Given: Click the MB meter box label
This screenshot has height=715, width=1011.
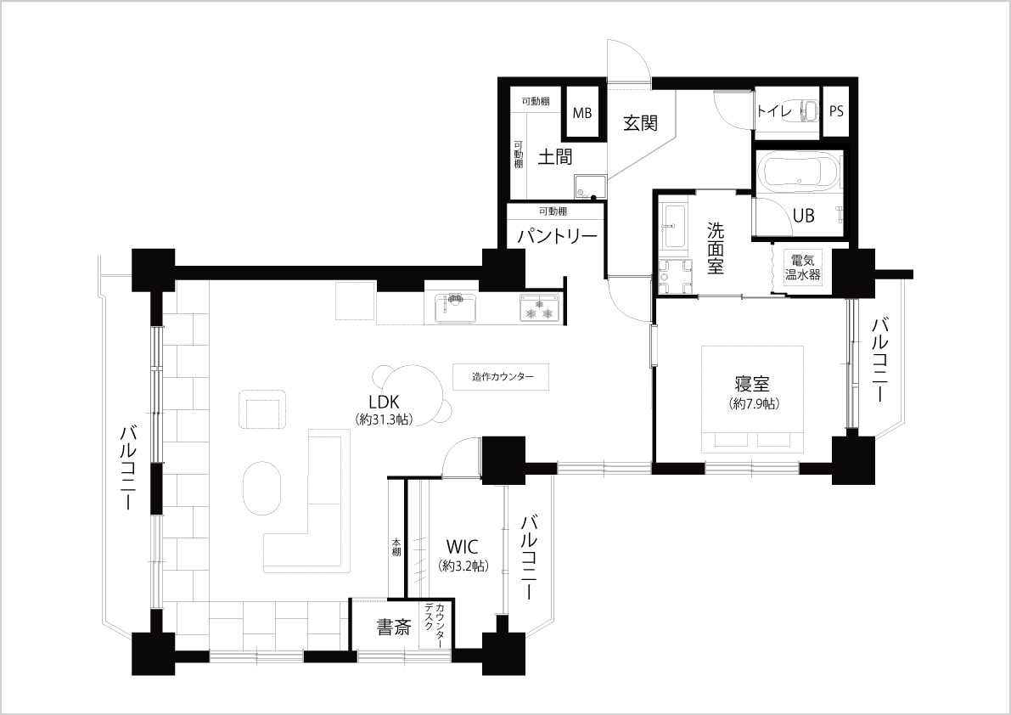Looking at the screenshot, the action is click(x=582, y=113).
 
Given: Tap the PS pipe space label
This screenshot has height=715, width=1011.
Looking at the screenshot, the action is click(x=835, y=111).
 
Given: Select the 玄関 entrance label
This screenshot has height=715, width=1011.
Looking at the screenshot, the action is click(x=640, y=122).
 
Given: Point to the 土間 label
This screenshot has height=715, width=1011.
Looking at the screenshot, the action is click(x=554, y=156).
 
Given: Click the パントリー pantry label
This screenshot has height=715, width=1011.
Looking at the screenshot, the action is click(x=558, y=237).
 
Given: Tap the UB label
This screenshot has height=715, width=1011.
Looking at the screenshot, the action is click(x=803, y=215).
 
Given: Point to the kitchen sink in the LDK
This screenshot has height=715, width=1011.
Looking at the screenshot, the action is click(x=456, y=307).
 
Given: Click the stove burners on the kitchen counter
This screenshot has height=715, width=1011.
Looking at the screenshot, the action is click(x=540, y=307).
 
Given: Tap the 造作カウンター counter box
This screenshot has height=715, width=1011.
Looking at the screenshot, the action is click(x=501, y=376).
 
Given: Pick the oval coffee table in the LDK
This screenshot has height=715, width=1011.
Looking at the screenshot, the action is click(x=262, y=488).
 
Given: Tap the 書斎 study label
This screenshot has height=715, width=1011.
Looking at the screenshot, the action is click(x=393, y=628).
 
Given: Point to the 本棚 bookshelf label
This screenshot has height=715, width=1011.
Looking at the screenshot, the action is click(x=396, y=548).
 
